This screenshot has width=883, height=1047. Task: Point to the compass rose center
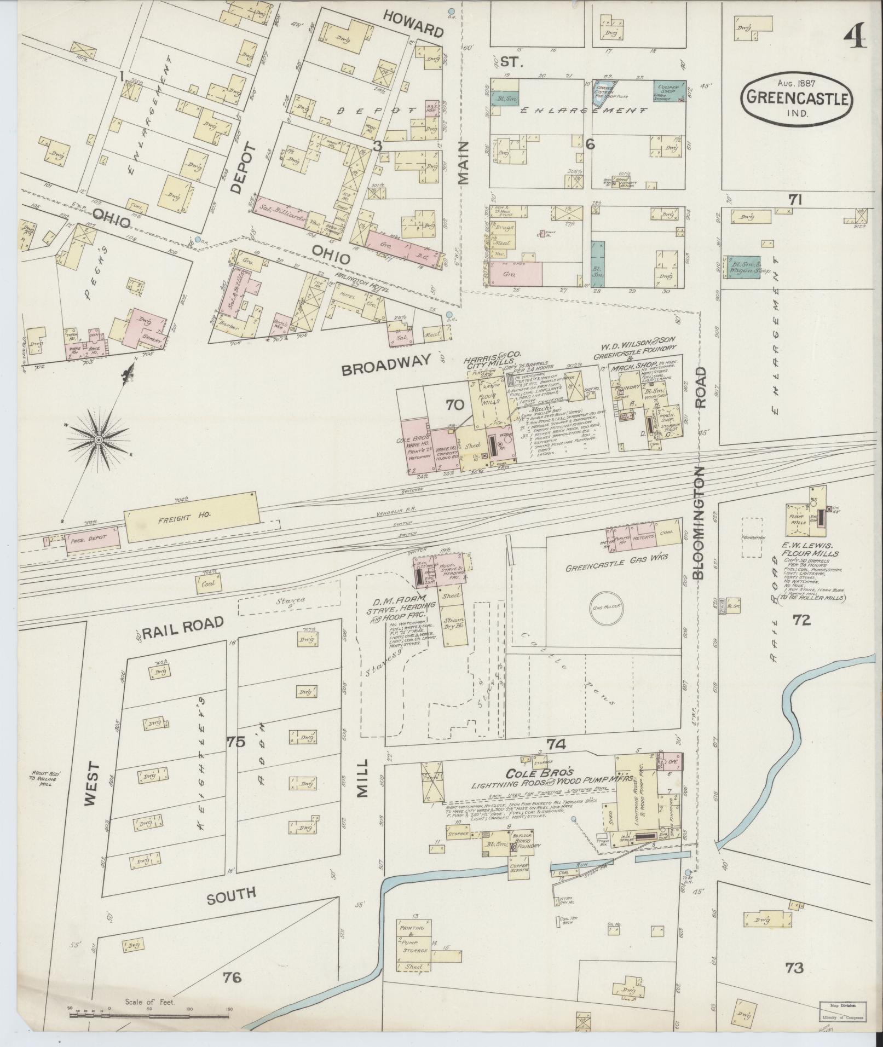coord(99,440)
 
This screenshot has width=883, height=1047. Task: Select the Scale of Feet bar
coord(148,1015)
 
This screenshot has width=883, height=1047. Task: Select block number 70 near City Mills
coord(454,405)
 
